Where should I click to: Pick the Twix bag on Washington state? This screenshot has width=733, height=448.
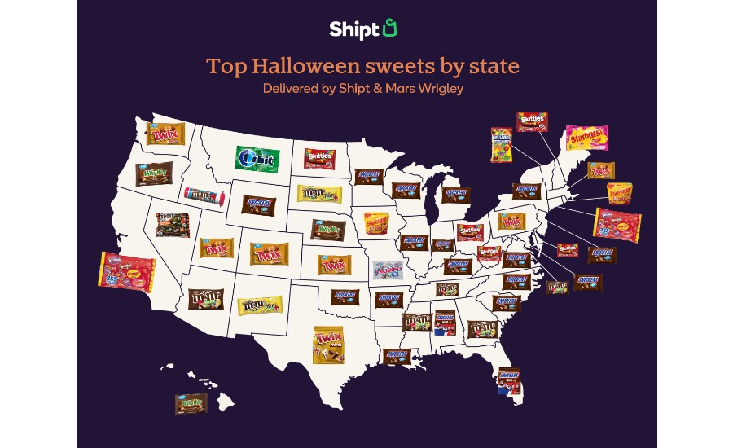tap(165, 134)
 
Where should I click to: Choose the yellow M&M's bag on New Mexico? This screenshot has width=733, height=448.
tap(259, 305)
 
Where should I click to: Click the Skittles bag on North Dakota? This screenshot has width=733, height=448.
tap(321, 158)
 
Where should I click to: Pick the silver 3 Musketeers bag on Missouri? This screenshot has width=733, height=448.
tap(388, 270)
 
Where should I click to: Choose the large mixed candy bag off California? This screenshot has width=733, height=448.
tap(126, 272)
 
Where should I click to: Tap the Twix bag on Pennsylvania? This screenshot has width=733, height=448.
tap(511, 221)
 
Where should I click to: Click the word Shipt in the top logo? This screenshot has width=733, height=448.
tap(355, 29)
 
